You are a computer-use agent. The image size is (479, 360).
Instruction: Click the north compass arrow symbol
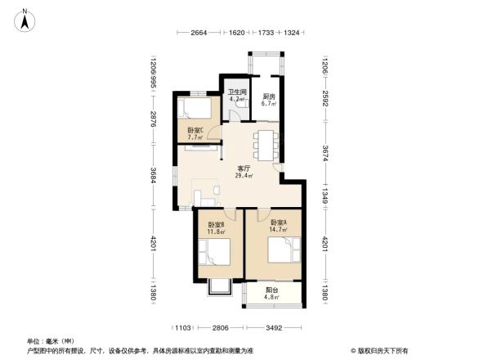coord(25,19)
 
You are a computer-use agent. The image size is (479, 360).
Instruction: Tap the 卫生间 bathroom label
coord(237,92)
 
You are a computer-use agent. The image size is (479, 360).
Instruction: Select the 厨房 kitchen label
coord(268,97)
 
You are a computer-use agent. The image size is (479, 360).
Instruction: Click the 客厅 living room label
coord(244,168)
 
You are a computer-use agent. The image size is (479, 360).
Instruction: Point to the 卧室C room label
coord(195,130)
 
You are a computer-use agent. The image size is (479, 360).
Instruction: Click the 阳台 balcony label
coord(272,290)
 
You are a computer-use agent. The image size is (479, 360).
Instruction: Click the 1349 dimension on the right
coord(325,187)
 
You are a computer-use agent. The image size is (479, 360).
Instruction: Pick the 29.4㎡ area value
coord(244,175)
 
